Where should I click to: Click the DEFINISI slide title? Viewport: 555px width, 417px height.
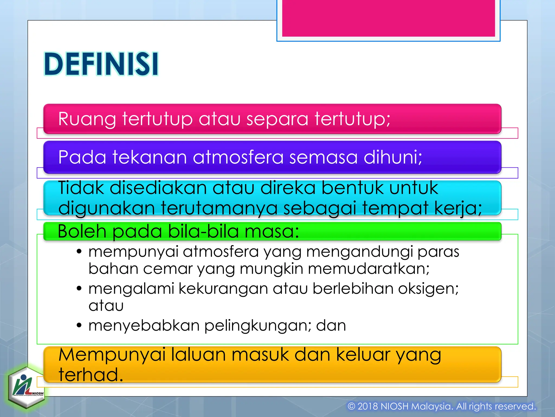(101, 64)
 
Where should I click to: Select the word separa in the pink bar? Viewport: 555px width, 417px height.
(277, 119)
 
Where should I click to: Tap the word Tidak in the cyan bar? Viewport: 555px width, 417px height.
(81, 188)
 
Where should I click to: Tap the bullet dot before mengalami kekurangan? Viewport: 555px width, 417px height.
(79, 288)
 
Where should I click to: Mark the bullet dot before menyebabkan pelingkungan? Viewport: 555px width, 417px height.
(79, 325)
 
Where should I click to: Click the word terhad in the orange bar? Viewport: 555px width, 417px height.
(91, 375)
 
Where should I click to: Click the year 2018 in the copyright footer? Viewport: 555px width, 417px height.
(367, 406)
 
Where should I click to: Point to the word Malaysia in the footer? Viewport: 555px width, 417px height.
(432, 406)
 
